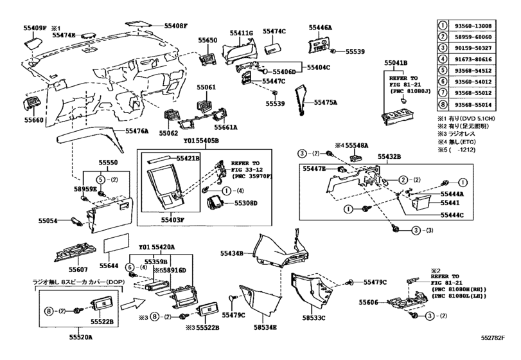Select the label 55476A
tap(137, 130)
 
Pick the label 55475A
tap(326, 102)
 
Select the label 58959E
tap(84, 190)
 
